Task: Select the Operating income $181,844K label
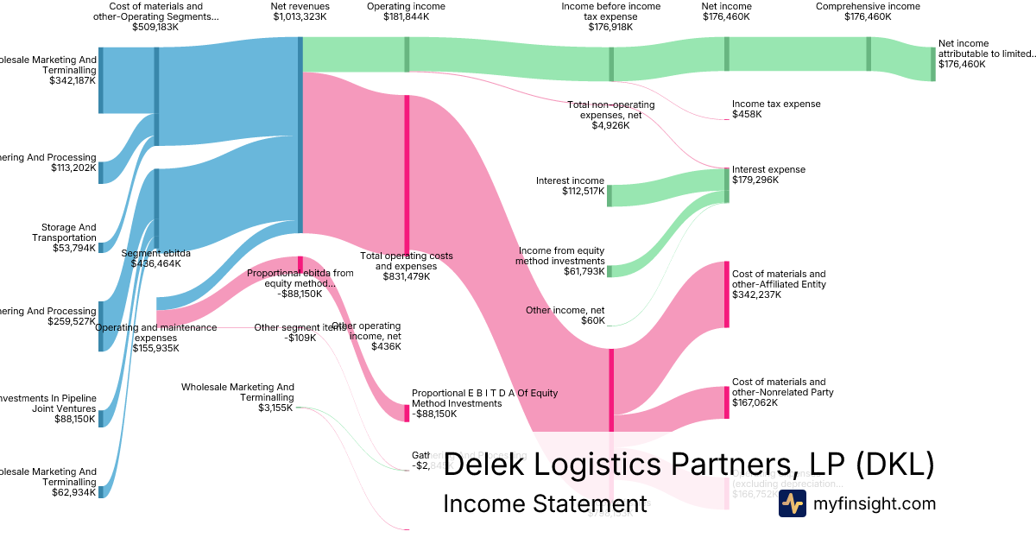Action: [406, 11]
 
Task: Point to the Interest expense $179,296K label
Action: [768, 174]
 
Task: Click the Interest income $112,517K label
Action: [570, 186]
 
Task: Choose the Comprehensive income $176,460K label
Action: [867, 11]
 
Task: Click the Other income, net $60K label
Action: [565, 315]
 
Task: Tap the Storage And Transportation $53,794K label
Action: [64, 237]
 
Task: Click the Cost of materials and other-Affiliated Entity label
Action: [779, 284]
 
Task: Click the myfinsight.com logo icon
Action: [792, 503]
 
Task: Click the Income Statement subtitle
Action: [545, 504]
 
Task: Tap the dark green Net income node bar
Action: [726, 54]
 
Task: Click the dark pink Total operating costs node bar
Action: [407, 173]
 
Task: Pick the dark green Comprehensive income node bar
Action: [869, 54]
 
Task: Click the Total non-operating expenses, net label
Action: [610, 115]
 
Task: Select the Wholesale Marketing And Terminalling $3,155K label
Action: [237, 397]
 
